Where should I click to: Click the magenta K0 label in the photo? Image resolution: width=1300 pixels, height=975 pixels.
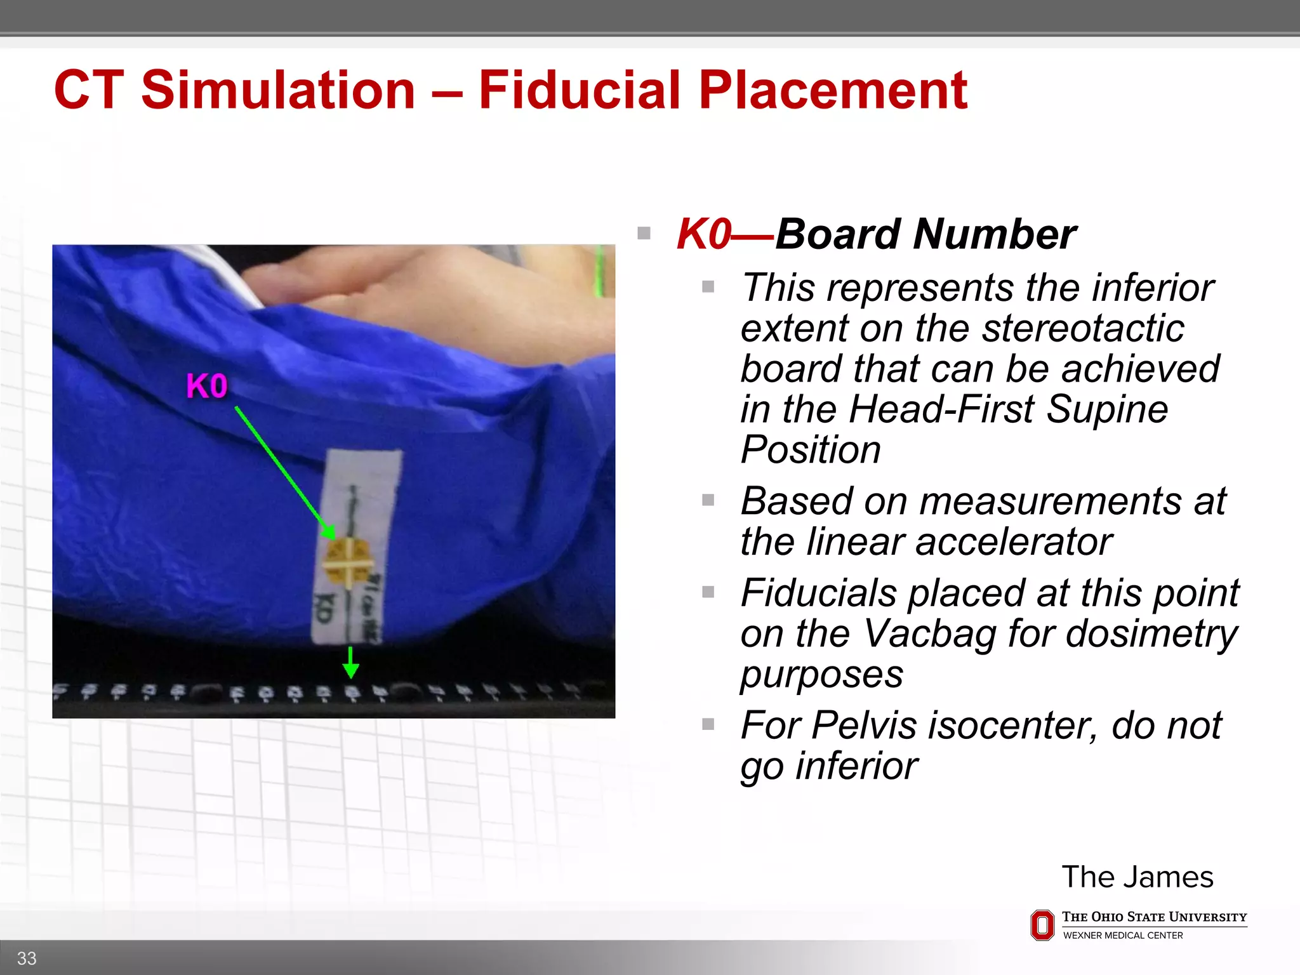tap(207, 386)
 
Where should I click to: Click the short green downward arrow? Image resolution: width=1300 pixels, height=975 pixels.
tap(350, 663)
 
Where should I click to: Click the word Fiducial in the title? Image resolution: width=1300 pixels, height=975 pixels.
tap(580, 90)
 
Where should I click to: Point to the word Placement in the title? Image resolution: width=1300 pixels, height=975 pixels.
tap(833, 90)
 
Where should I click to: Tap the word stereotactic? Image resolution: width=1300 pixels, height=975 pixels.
tap(1083, 328)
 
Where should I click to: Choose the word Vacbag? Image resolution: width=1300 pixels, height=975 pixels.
tap(930, 633)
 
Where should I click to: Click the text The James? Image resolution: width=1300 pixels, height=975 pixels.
tap(1137, 877)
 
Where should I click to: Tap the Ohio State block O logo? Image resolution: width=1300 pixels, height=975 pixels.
tap(1042, 925)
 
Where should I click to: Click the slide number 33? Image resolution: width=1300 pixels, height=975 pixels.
tap(27, 958)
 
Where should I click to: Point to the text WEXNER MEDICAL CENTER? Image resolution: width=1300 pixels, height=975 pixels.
tap(1123, 936)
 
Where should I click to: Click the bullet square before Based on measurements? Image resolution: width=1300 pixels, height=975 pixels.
tap(708, 501)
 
